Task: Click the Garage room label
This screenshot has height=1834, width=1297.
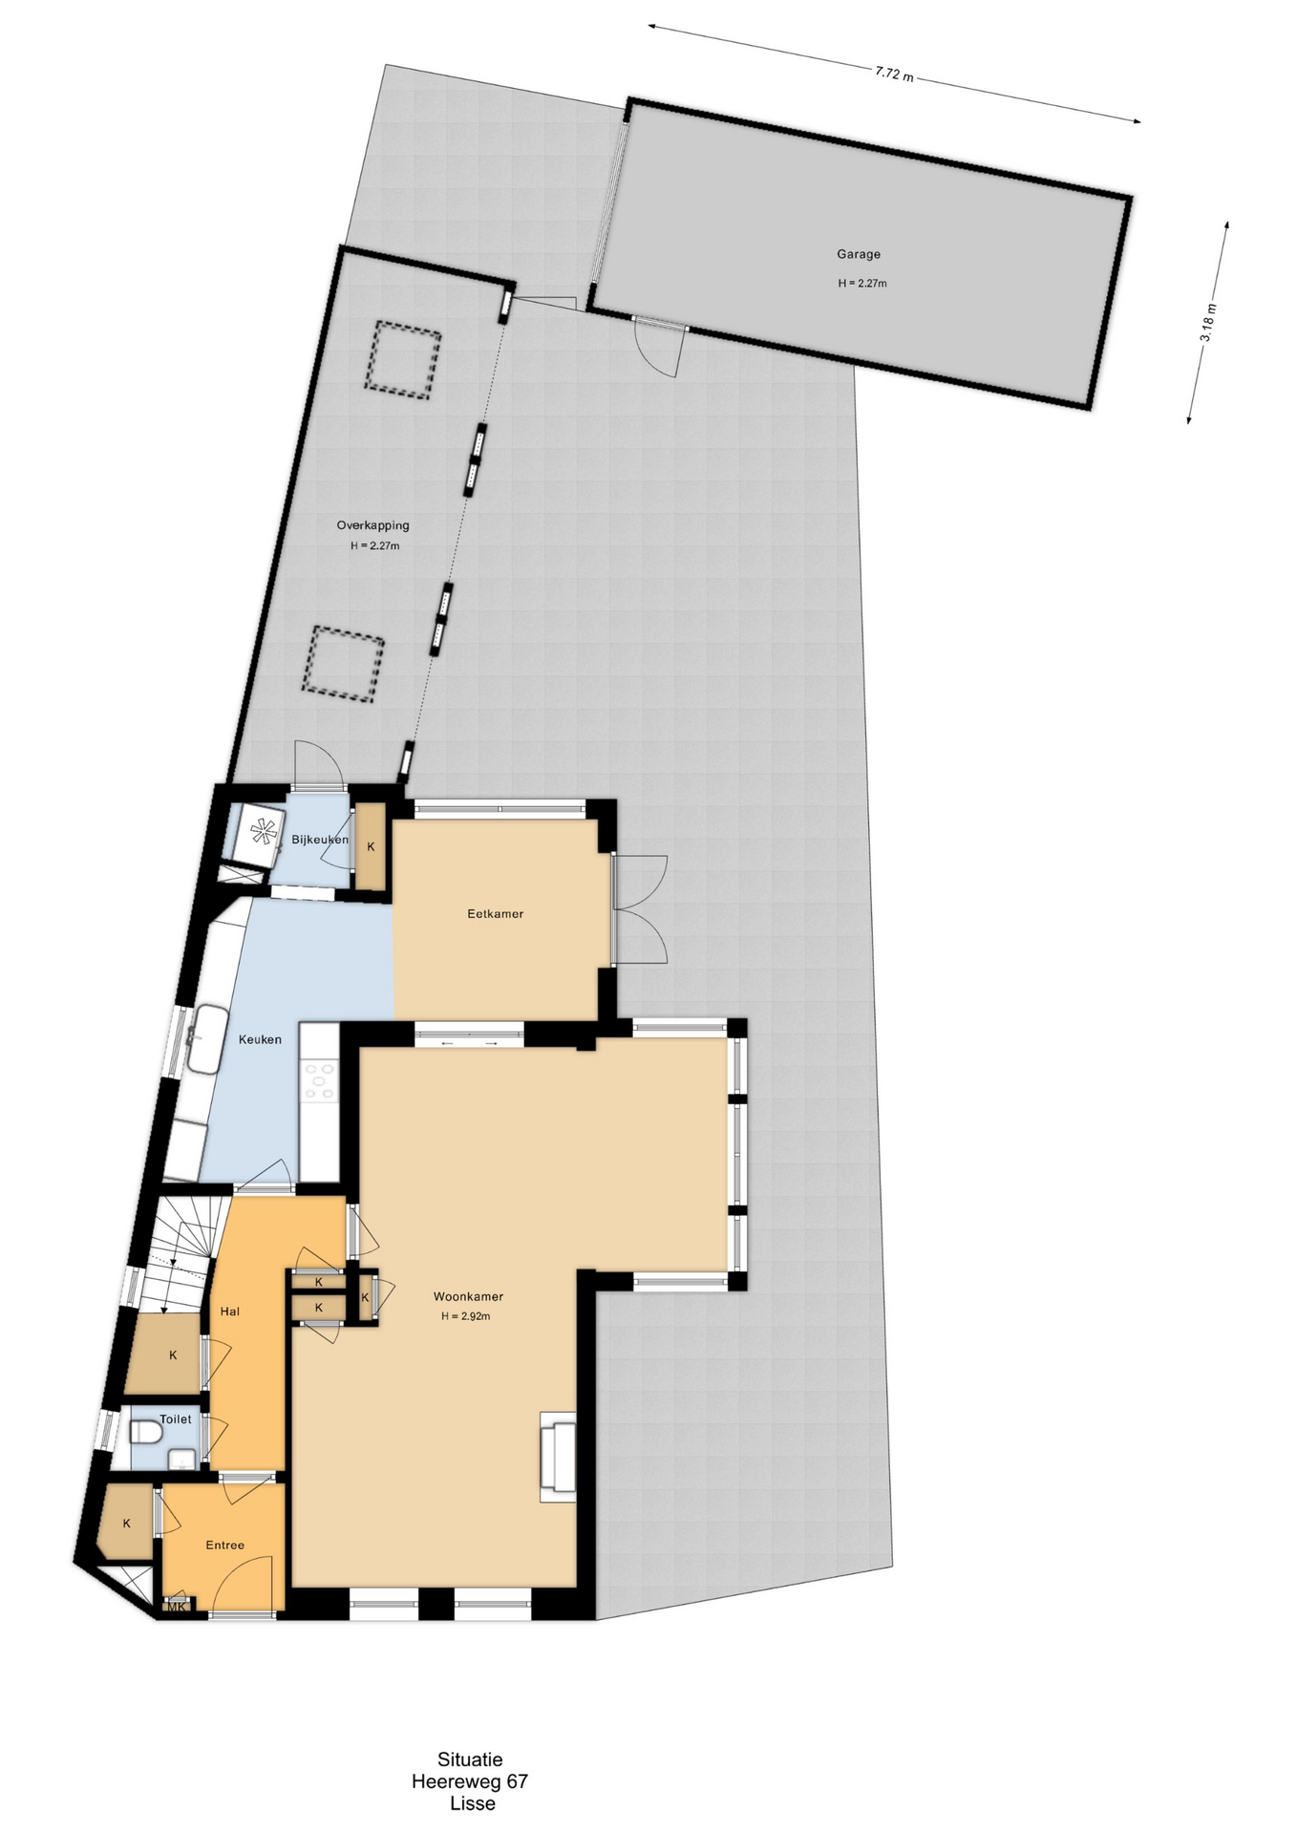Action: point(859,254)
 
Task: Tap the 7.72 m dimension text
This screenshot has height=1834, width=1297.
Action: point(893,75)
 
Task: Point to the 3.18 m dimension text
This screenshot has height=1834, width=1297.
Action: point(1208,323)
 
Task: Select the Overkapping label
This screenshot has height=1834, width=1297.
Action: point(372,525)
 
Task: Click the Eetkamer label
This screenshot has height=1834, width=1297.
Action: point(495,914)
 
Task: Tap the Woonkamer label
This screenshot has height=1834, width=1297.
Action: point(468,1296)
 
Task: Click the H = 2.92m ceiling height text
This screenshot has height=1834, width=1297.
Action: point(465,1316)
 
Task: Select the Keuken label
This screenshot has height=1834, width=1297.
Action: point(260,1039)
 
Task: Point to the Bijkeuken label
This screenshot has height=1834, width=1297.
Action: point(320,840)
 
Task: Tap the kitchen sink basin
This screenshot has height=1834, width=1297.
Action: point(204,1038)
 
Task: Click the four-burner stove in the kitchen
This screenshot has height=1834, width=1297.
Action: point(319,1081)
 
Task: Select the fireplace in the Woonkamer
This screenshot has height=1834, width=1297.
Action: point(559,1456)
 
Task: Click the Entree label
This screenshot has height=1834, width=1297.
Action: point(225,1545)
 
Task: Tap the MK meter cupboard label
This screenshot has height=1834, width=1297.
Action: point(177,1607)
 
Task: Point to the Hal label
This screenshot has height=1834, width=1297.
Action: point(230,1312)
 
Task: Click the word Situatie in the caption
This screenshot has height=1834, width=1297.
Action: point(470,1759)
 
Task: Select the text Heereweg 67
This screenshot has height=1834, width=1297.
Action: point(470,1781)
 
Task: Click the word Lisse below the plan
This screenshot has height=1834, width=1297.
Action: point(473,1803)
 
